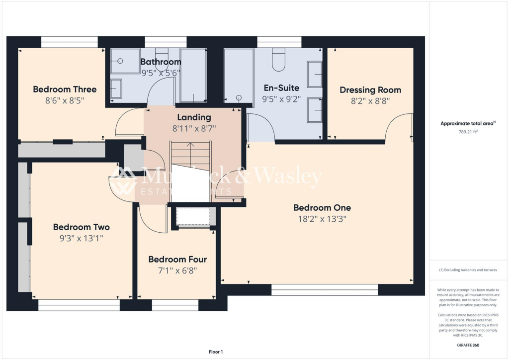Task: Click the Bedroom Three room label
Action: coord(65,90)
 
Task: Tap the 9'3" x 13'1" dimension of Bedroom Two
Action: coord(82,238)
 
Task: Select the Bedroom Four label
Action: coord(177,260)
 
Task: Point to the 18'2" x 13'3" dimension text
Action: coord(322,218)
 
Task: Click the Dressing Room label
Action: coord(370,90)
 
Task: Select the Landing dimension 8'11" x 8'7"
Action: coord(194,128)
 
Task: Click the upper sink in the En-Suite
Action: coord(314,71)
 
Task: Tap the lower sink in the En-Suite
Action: coord(314,109)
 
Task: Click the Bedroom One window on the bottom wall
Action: coord(325,290)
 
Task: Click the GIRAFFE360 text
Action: coord(468,345)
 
